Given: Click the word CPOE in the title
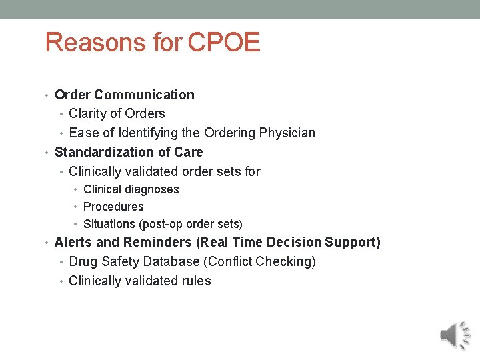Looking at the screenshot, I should click(x=224, y=43).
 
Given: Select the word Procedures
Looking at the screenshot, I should click(x=113, y=207).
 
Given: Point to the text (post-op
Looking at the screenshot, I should click(x=157, y=224).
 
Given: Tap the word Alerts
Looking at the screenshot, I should click(x=73, y=242).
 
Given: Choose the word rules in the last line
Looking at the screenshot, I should click(x=197, y=281).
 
